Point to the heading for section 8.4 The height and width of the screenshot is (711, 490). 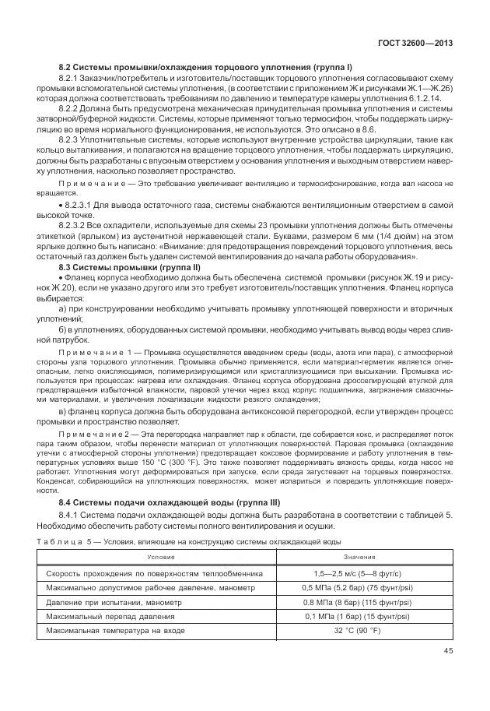(170, 502)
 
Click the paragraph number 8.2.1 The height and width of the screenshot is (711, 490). (71, 79)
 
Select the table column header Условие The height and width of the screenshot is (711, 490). (163, 558)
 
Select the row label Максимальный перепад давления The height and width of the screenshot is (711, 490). (107, 616)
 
